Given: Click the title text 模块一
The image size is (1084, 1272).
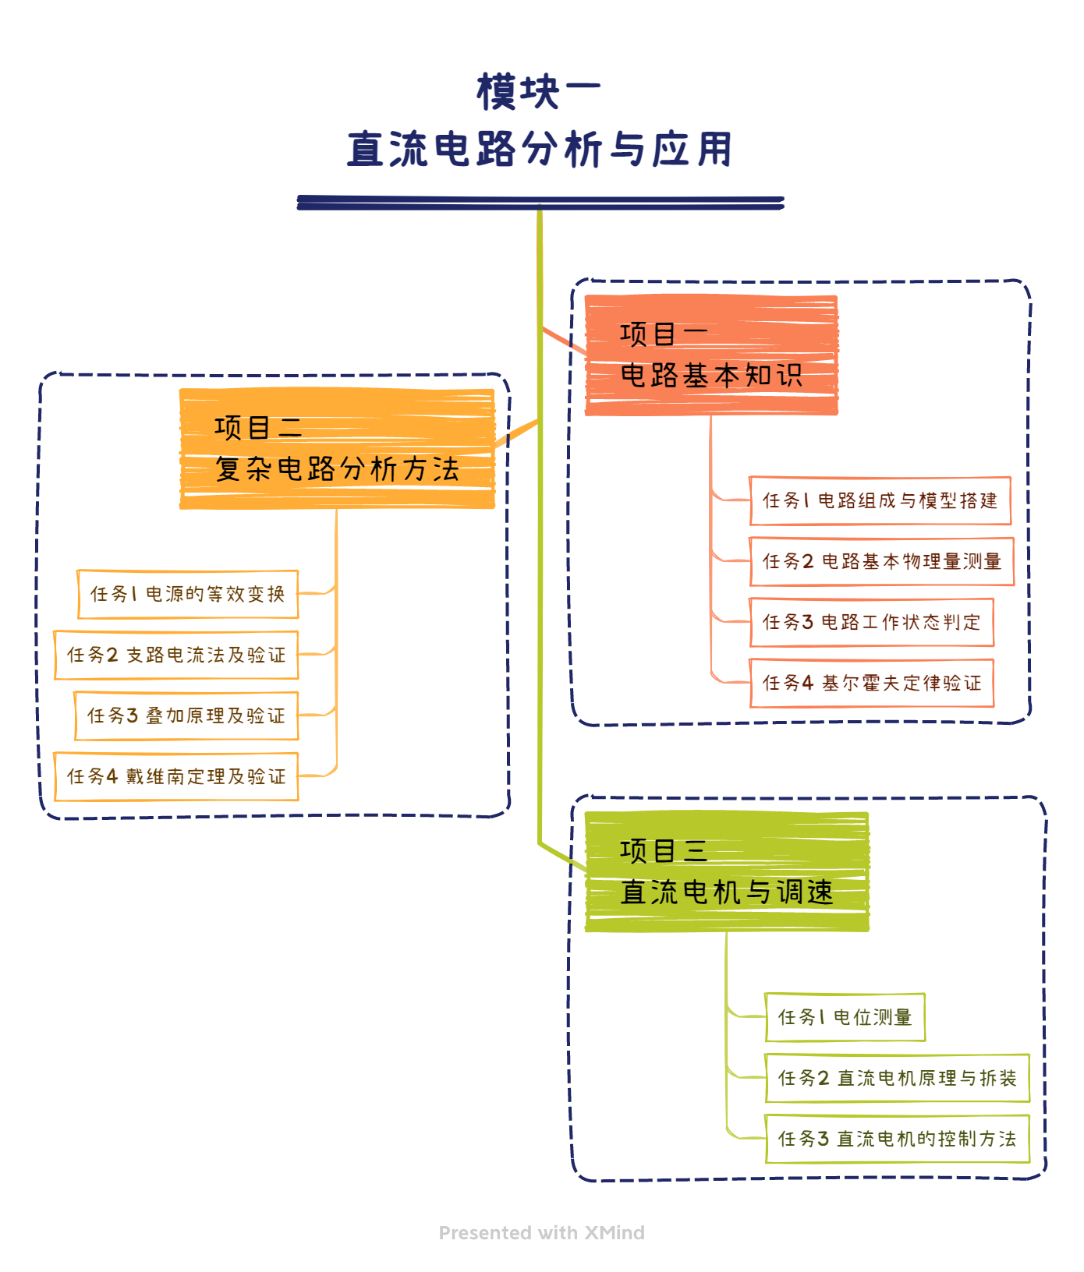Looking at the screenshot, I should coord(538,92).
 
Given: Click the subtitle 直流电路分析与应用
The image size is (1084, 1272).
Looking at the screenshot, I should coord(540,149).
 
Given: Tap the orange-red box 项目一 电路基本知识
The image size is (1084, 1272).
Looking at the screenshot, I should coord(711,355).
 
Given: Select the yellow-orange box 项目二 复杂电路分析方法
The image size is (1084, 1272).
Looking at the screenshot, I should coord(337,448).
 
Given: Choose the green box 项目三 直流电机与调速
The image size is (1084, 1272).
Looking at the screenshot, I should coord(727,871).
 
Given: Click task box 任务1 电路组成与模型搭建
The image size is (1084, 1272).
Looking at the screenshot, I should coord(880,500).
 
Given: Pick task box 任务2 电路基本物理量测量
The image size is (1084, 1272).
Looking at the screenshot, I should coord(881,561).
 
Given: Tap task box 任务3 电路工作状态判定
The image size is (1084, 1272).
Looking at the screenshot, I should coord(871,622).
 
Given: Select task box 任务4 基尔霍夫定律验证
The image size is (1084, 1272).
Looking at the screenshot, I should coord(871,683).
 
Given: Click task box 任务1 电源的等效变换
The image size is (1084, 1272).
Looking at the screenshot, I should coord(188,594).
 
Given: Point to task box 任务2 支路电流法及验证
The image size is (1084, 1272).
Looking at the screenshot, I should coord(176,655).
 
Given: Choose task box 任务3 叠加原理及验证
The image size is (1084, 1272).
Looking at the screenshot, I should coord(186,715).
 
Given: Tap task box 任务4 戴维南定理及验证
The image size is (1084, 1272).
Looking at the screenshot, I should coord(176,776).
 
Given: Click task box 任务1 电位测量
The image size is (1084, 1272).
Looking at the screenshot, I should coord(845,1017).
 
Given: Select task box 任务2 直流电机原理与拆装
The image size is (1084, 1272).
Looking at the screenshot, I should coord(897,1078).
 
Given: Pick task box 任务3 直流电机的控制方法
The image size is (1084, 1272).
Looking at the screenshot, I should coord(897,1139).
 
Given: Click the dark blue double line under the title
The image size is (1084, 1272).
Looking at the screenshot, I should coord(540,203).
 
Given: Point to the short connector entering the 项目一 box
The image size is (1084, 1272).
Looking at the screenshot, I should coord(564,341).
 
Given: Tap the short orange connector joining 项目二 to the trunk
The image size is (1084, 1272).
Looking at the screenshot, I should coord(516,433).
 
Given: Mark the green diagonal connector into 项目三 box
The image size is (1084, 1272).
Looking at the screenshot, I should coord(562,856).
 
